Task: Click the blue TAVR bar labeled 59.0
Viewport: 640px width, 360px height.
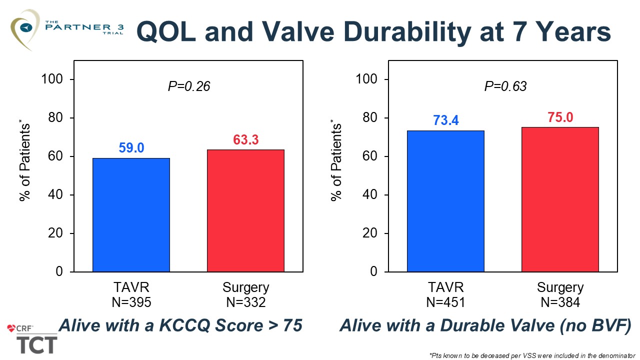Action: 131,215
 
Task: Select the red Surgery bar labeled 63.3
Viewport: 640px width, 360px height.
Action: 245,210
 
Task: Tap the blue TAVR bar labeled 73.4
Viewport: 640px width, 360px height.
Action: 445,201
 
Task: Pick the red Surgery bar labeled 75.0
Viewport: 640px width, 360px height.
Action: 560,199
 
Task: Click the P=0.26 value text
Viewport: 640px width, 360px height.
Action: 188,86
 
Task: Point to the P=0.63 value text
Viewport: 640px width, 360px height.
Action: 505,86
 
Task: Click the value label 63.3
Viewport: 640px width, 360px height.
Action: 245,139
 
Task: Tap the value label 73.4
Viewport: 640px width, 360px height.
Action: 445,120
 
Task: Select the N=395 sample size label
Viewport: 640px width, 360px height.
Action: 131,302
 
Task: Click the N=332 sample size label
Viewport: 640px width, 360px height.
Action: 245,302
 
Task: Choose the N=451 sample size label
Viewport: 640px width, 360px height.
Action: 445,302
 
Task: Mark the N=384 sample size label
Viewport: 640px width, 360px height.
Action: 560,302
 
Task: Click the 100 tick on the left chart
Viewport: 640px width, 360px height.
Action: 58,79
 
